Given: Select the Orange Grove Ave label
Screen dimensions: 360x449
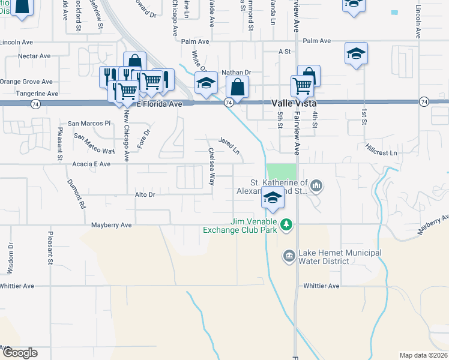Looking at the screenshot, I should [x=26, y=82].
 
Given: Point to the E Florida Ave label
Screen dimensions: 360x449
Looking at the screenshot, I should [x=159, y=104].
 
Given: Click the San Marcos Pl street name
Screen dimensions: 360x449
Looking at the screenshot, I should [x=89, y=123].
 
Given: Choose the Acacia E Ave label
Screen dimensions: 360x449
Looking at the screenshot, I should [x=90, y=164].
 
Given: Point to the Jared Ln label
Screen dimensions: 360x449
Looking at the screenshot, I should [x=229, y=145].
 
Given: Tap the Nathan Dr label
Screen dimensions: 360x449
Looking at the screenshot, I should [x=235, y=73].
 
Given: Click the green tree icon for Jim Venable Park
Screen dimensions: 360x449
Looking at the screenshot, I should [x=288, y=224].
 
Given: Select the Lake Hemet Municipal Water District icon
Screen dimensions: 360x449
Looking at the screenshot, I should [x=289, y=257].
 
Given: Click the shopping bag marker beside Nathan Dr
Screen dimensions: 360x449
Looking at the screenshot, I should [x=238, y=86].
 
